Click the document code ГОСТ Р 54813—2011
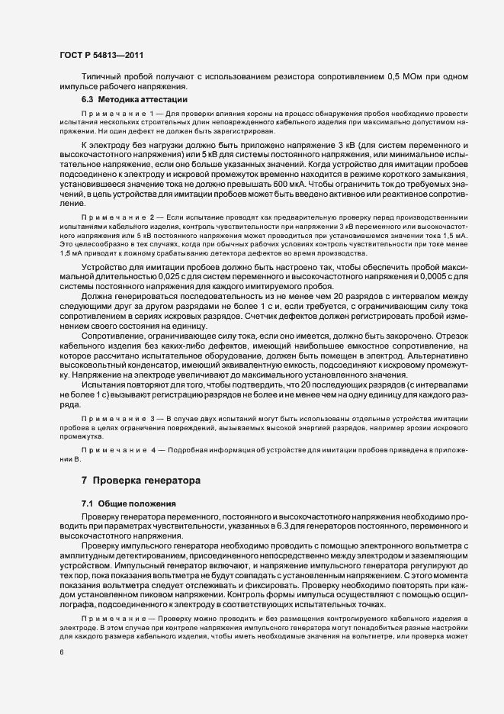point(101,55)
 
